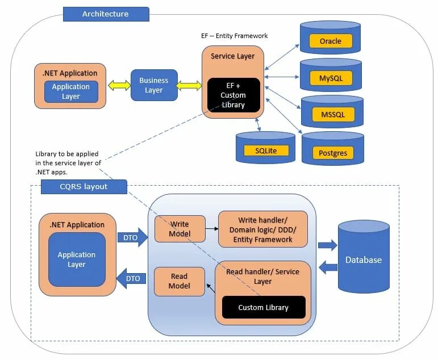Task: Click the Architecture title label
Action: click(x=106, y=14)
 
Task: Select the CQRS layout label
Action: click(x=84, y=187)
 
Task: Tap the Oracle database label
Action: click(x=331, y=41)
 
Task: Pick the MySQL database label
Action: click(x=331, y=77)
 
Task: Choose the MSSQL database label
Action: click(x=333, y=115)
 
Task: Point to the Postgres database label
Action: click(x=333, y=153)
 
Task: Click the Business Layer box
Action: click(x=154, y=85)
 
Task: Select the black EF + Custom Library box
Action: click(x=233, y=95)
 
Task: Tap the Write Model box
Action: click(x=180, y=228)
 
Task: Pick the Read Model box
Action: click(x=180, y=281)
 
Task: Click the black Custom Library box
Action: click(x=263, y=307)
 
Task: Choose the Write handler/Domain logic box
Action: click(x=262, y=229)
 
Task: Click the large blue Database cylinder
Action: click(x=364, y=259)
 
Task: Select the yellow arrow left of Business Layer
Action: click(x=119, y=86)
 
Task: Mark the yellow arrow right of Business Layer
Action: click(x=190, y=86)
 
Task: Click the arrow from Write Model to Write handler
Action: click(x=211, y=229)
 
